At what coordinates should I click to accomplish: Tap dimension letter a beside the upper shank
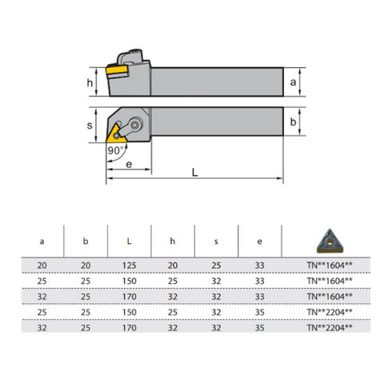click(294, 83)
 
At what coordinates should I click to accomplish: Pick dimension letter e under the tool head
click(129, 165)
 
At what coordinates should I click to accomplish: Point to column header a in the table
click(42, 239)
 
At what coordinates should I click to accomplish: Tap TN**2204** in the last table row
click(330, 327)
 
